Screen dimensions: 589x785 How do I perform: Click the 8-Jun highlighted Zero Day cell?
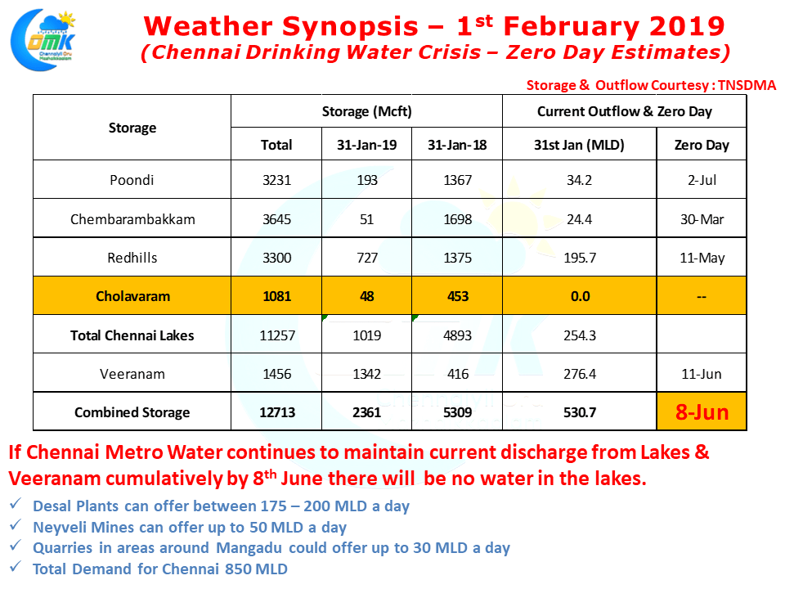coord(702,412)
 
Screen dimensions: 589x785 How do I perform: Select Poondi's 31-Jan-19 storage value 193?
coord(367,180)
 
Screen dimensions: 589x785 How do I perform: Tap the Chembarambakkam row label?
coord(132,219)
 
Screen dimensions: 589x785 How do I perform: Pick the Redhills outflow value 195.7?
coord(580,258)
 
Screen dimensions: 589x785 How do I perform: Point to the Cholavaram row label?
coord(132,296)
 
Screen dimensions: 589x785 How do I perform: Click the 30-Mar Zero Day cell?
coord(702,219)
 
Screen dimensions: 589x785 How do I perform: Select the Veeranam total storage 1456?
coord(276,374)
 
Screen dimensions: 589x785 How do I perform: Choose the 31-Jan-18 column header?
coord(457,145)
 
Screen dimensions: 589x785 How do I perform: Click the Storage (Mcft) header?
coord(367,111)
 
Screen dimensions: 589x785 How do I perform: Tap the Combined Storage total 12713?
coord(276,412)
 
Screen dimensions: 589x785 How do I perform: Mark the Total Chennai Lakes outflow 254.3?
coord(580,335)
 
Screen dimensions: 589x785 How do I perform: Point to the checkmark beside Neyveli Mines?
coord(16,527)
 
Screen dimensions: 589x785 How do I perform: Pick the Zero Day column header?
coord(702,145)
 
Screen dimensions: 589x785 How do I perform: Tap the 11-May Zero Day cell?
coord(702,258)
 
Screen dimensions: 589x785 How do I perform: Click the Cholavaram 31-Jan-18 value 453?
coord(457,296)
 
